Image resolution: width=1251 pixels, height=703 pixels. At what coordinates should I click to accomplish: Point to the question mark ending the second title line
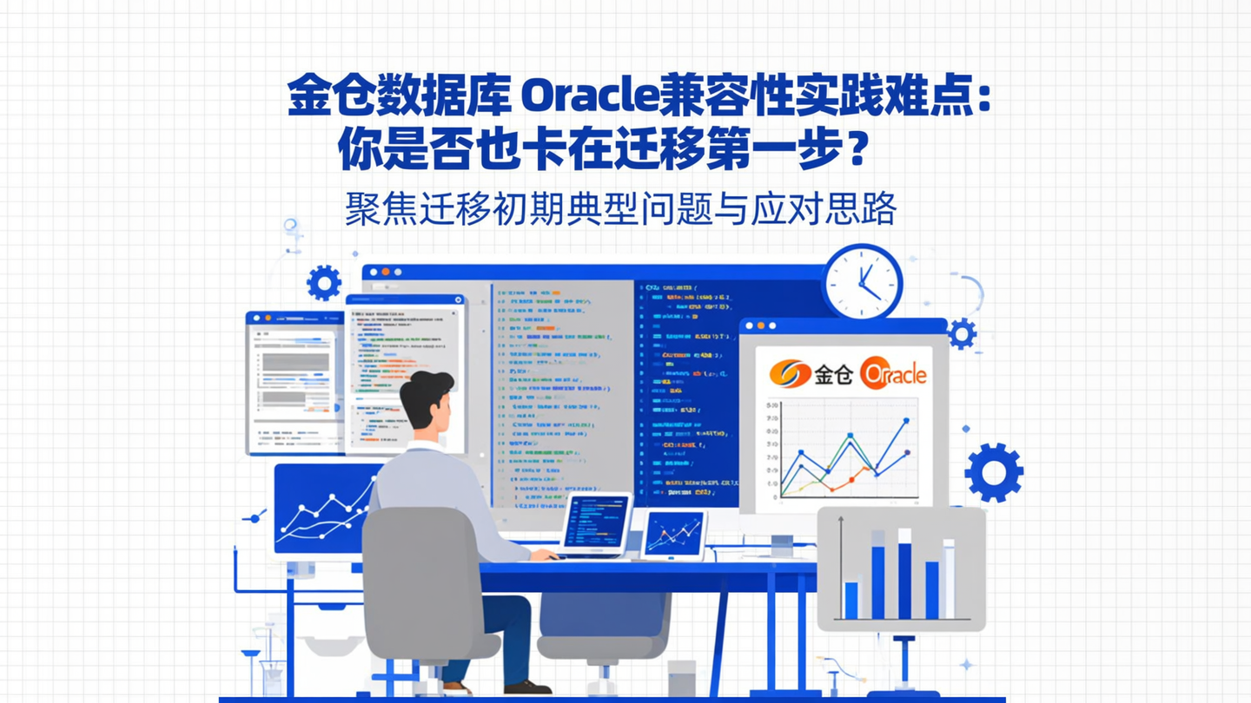pyautogui.click(x=856, y=150)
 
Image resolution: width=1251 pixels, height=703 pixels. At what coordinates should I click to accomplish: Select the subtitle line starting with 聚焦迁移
pyautogui.click(x=620, y=209)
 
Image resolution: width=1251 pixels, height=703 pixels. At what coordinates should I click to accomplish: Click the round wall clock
pyautogui.click(x=862, y=281)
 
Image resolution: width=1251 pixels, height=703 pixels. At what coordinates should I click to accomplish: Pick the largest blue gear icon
pyautogui.click(x=993, y=472)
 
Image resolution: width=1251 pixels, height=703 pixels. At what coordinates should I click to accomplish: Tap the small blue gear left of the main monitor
pyautogui.click(x=324, y=283)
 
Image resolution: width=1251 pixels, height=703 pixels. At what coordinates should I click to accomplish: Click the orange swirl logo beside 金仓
pyautogui.click(x=790, y=374)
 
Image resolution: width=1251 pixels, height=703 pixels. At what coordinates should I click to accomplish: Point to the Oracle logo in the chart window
pyautogui.click(x=892, y=374)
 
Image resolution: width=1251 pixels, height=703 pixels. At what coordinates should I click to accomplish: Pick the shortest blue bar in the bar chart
pyautogui.click(x=851, y=600)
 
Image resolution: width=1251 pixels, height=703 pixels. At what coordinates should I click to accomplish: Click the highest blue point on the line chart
pyautogui.click(x=906, y=421)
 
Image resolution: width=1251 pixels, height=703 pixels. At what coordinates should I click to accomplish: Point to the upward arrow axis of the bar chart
pyautogui.click(x=840, y=564)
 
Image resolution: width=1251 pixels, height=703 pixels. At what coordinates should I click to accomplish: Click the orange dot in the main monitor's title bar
pyautogui.click(x=386, y=273)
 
